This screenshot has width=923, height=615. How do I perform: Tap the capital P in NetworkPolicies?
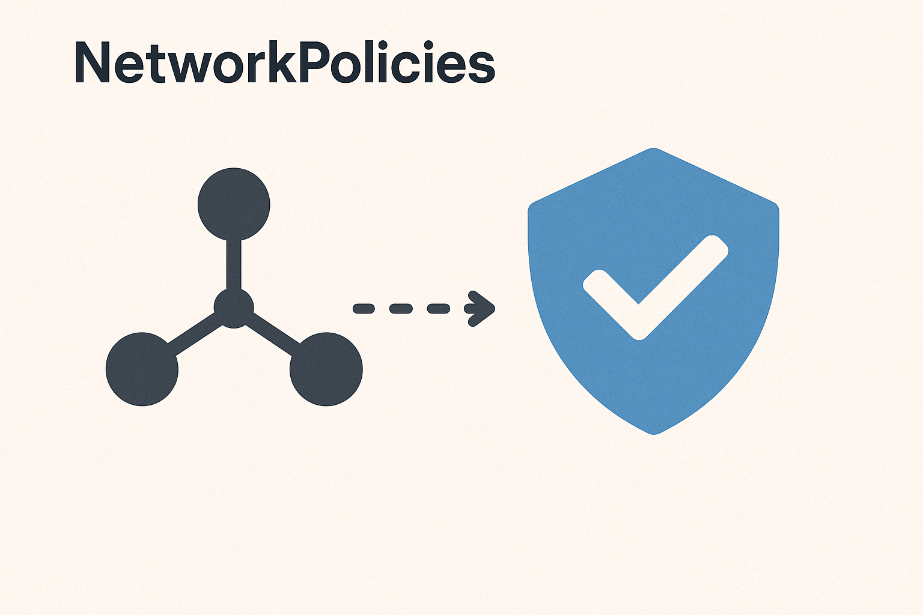click(312, 62)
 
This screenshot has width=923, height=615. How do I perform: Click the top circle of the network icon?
click(234, 204)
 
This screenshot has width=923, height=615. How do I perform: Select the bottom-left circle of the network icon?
click(142, 369)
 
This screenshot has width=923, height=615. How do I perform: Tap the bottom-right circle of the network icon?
click(326, 369)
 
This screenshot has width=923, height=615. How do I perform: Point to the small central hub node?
click(234, 308)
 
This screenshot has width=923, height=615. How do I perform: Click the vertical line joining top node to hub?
click(234, 264)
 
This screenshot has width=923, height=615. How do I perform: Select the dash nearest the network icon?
click(364, 309)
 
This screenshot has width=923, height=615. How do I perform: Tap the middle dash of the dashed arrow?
click(401, 309)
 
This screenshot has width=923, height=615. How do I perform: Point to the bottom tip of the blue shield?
click(654, 431)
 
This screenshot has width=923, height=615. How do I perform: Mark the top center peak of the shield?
click(654, 150)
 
